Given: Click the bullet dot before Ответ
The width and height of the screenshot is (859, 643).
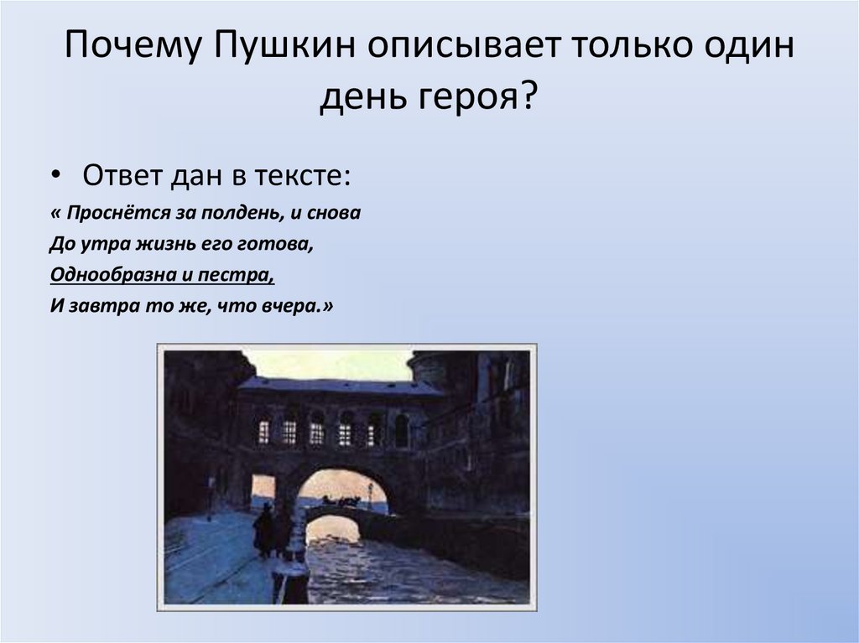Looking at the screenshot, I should (55, 179).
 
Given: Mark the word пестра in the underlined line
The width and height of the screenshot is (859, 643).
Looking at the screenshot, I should (244, 275).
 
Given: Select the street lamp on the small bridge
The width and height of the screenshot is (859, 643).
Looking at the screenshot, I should (368, 494).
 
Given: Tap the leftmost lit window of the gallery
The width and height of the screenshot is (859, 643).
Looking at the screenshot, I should (263, 432).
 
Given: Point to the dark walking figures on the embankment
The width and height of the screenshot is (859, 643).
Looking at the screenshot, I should (273, 530).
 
